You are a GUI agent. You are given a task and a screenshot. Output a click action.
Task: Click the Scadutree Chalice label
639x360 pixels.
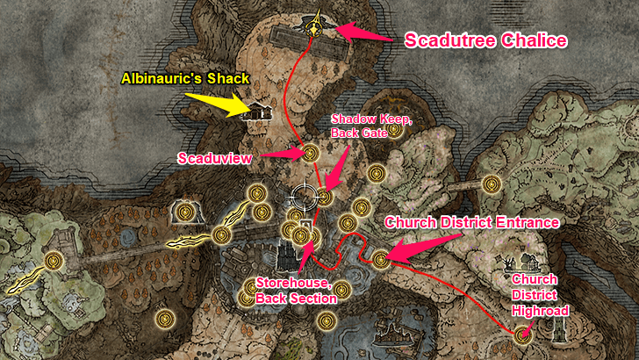(x=484, y=40)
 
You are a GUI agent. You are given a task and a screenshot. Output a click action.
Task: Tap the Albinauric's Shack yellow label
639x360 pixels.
(x=185, y=79)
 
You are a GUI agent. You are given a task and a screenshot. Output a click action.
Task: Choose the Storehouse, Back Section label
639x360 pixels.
(x=296, y=291)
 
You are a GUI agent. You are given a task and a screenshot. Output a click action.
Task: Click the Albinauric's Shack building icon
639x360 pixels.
(x=258, y=111)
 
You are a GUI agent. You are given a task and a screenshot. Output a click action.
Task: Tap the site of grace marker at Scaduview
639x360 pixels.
(x=309, y=154)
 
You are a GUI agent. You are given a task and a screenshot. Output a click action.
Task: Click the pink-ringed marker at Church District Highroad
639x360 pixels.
(x=524, y=334)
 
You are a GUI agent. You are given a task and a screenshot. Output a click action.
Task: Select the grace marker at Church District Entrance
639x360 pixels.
(x=380, y=259)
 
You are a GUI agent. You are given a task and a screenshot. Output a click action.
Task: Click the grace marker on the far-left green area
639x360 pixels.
(x=55, y=260)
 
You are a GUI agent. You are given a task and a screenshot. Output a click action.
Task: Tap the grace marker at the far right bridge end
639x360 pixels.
(x=492, y=184)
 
